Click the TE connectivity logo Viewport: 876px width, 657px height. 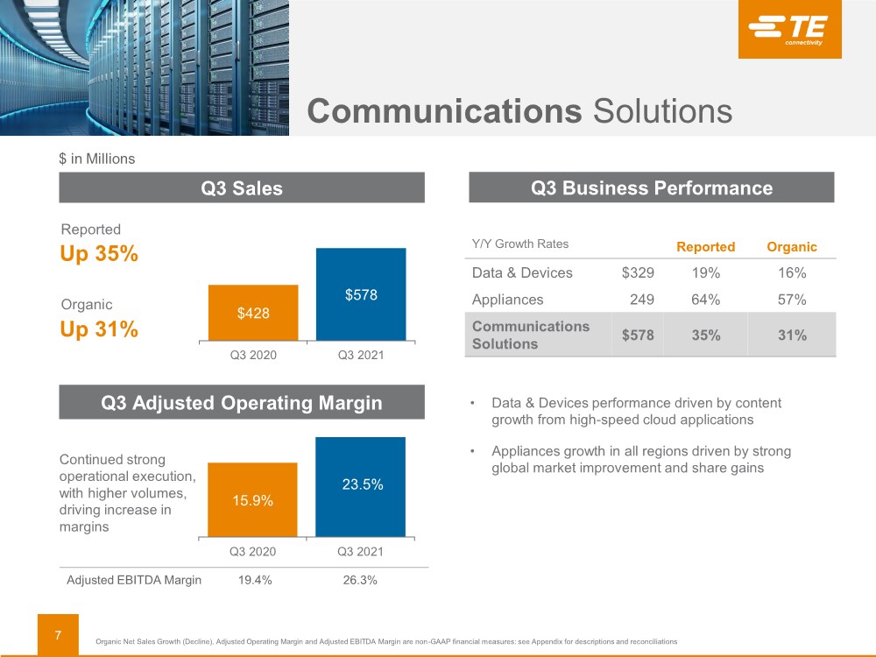pyautogui.click(x=789, y=29)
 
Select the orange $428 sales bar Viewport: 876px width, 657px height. pyautogui.click(x=253, y=313)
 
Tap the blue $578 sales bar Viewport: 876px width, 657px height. pyautogui.click(x=361, y=294)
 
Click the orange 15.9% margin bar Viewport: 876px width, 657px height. pyautogui.click(x=252, y=499)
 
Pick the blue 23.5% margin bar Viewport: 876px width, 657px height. pyautogui.click(x=361, y=486)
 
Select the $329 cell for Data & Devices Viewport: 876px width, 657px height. pyautogui.click(x=638, y=272)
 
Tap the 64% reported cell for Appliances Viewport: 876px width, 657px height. pyautogui.click(x=705, y=300)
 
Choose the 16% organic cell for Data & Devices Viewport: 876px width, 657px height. pyautogui.click(x=792, y=272)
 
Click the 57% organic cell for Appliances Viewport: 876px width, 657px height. pyautogui.click(x=792, y=300)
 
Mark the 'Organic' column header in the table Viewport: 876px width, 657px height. pyautogui.click(x=791, y=247)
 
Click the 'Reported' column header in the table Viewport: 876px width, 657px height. pyautogui.click(x=705, y=247)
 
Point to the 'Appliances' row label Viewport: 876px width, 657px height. pyautogui.click(x=507, y=300)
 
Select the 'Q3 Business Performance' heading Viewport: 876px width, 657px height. pyautogui.click(x=652, y=187)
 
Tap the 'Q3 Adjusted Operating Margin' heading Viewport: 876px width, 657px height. pyautogui.click(x=242, y=403)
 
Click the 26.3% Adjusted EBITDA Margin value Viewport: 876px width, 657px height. pyautogui.click(x=360, y=580)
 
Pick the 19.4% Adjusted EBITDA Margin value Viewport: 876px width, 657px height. pyautogui.click(x=253, y=580)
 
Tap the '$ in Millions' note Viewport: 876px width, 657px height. pyautogui.click(x=96, y=159)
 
